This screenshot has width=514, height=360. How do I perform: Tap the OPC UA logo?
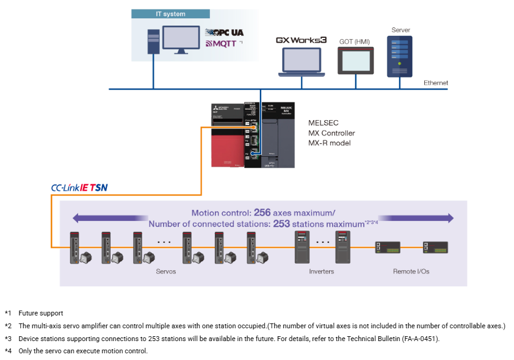point(224,32)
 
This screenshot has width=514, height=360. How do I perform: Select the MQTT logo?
point(220,44)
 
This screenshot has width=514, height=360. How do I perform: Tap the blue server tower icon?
point(400,56)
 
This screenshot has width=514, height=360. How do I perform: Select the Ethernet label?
point(435,83)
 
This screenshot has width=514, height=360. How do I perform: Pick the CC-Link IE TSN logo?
point(79,188)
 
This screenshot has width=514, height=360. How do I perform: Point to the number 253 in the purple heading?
point(281,224)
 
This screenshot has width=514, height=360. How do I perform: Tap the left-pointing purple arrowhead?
point(76,218)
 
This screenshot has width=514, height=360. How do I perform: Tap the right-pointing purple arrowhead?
point(450,218)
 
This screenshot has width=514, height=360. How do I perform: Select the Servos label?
point(165,271)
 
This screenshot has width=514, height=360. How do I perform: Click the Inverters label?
point(321,271)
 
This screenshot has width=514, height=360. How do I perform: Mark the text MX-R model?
point(330,143)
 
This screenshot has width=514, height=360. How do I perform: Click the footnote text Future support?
point(40,313)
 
